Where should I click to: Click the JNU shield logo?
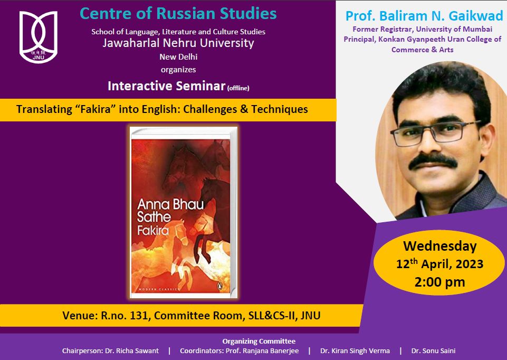point(39,37)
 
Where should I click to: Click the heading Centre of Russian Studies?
point(178,14)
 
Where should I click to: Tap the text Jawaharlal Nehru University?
point(178,43)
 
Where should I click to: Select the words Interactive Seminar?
point(167,86)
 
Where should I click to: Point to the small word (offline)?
point(238,88)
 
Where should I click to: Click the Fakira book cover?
point(184,213)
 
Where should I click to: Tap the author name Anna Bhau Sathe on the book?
point(170,211)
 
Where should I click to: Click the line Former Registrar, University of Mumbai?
point(422,29)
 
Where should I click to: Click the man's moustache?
point(433,161)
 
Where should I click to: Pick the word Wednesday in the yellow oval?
point(440,246)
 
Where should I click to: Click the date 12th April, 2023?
point(440,264)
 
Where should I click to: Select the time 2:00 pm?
point(440,282)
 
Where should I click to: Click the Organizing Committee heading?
point(259,341)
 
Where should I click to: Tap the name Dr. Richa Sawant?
point(132,351)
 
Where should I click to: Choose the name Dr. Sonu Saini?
point(433,351)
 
